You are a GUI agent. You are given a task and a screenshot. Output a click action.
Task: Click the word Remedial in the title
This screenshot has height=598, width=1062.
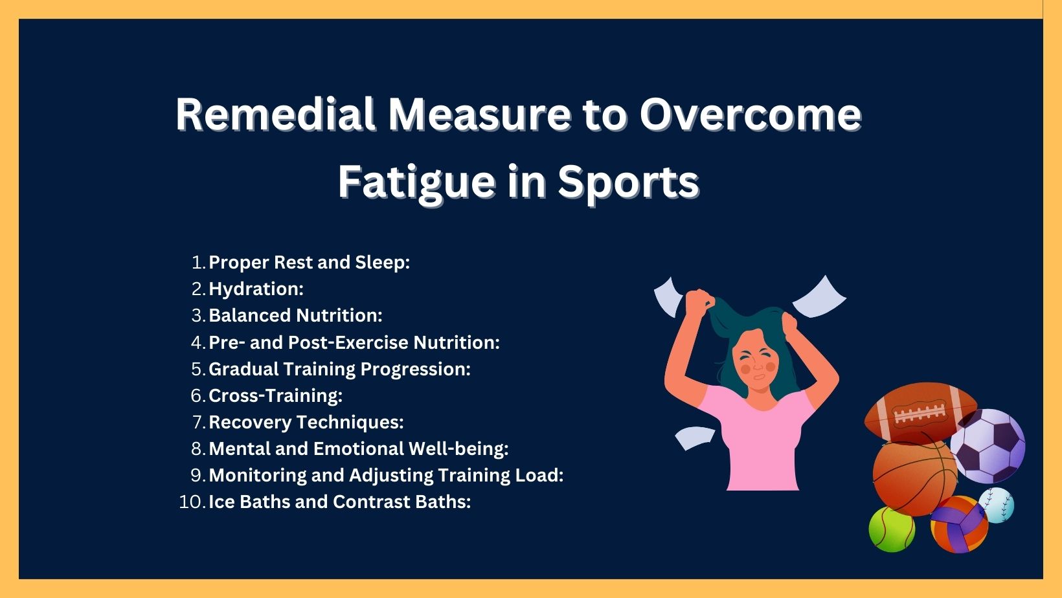[275, 114]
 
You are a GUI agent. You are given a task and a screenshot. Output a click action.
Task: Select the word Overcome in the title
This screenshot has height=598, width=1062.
[750, 115]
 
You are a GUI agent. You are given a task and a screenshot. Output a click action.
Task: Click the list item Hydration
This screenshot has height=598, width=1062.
[256, 289]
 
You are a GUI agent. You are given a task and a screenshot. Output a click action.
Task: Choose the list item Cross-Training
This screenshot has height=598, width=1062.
[275, 395]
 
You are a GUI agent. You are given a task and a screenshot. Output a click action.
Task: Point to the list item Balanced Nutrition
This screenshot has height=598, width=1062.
[295, 315]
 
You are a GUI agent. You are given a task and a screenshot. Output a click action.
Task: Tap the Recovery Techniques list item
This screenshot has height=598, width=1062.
[306, 422]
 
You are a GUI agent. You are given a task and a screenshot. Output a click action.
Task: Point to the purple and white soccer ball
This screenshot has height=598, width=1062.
[988, 446]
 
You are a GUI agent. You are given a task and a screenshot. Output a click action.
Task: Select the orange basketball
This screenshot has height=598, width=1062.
[914, 477]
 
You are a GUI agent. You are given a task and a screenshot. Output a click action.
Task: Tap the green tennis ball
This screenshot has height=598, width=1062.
[892, 529]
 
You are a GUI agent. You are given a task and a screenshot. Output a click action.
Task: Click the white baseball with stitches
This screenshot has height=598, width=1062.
[997, 505]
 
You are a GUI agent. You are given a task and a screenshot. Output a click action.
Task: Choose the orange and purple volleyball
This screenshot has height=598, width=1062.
[959, 525]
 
